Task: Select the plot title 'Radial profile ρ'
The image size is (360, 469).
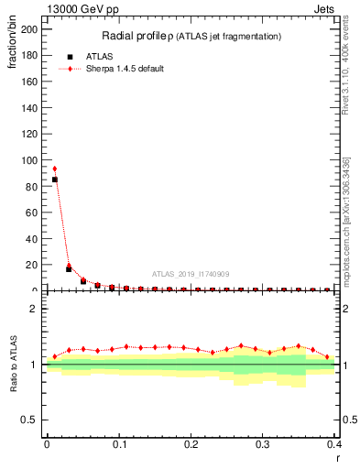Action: coord(142,36)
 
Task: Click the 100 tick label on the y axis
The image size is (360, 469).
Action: coord(30,159)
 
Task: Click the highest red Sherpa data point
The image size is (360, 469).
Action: coord(54,169)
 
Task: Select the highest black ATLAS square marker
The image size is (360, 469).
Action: coord(54,180)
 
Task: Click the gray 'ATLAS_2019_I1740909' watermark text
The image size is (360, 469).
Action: coord(190,273)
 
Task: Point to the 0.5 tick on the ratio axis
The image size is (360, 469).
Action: coord(30,420)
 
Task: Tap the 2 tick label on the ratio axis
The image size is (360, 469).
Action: coord(35,309)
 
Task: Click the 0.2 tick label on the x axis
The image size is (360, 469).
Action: coord(191,444)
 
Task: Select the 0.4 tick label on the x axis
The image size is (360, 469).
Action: coord(335,444)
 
